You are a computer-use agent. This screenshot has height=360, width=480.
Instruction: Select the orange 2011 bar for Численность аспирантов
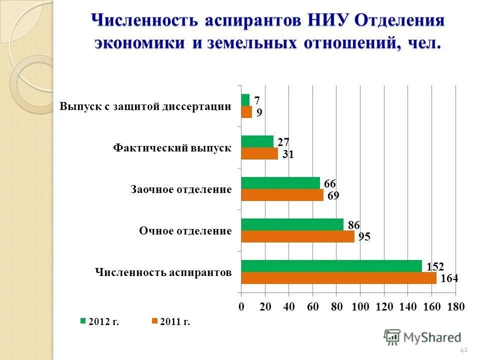click(338, 278)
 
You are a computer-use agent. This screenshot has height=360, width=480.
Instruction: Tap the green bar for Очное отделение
click(292, 224)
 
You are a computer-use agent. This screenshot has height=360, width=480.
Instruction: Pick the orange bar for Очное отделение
click(297, 236)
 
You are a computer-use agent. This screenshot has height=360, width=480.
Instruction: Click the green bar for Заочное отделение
click(280, 183)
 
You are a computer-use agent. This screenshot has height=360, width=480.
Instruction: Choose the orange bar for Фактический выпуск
click(259, 153)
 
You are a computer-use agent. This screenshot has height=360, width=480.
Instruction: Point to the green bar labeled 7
click(245, 100)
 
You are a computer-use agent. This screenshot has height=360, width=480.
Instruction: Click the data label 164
click(449, 278)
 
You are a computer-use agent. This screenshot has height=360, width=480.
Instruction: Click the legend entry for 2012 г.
click(100, 321)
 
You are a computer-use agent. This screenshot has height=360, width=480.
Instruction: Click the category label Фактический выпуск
click(172, 148)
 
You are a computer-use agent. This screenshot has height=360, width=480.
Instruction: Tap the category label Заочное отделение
click(181, 189)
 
